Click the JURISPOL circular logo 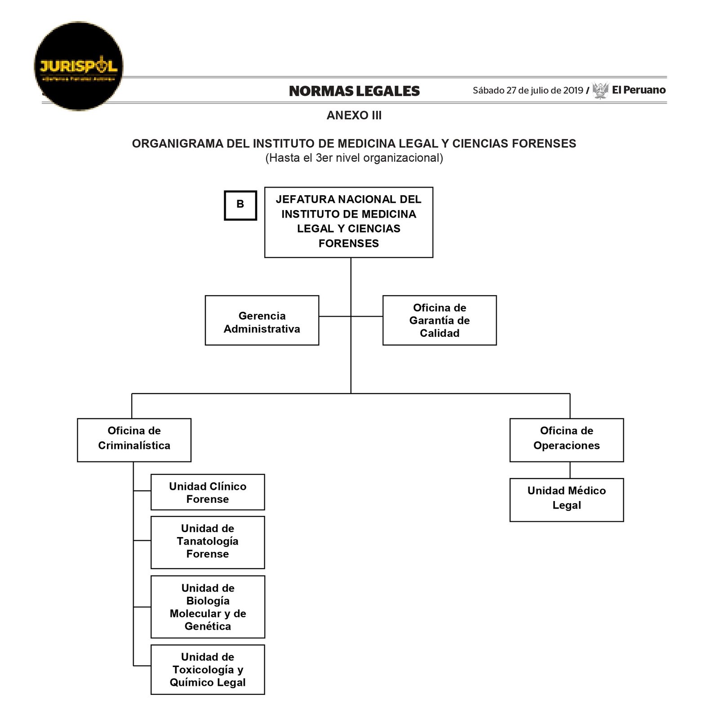79,66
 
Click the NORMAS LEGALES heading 354,91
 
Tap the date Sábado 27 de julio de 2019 528,90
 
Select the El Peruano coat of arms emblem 600,90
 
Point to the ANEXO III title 354,116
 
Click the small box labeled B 240,205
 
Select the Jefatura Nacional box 349,222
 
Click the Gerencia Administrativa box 262,320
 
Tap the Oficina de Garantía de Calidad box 439,320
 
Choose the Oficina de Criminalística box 134,440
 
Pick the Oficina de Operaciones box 567,440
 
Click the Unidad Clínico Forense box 208,492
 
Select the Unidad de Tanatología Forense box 208,542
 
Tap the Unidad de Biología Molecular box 208,607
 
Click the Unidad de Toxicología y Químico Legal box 208,669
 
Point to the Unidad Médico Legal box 567,500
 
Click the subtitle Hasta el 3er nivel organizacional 354,158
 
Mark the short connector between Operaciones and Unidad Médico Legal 570,470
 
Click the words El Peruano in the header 639,90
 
